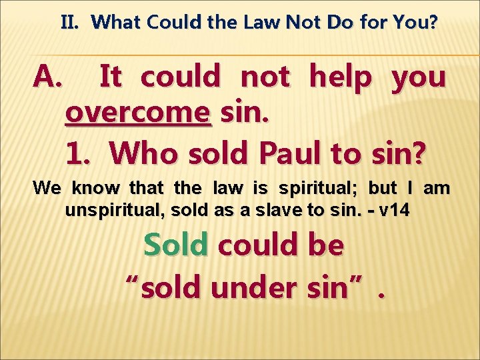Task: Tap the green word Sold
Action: click(x=176, y=245)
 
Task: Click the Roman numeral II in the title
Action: click(x=70, y=23)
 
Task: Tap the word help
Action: click(x=341, y=78)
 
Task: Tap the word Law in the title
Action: click(x=263, y=23)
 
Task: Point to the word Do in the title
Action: click(x=339, y=23)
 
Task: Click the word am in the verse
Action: click(x=437, y=189)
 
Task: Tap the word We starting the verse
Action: click(x=47, y=189)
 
